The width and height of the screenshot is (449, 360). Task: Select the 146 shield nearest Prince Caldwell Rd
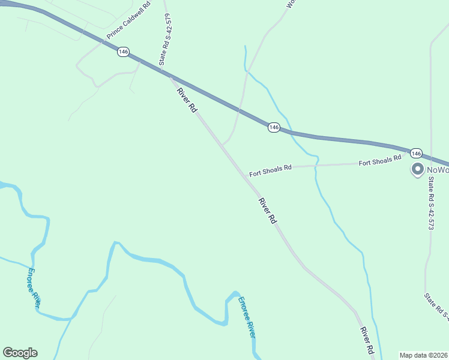point(123,52)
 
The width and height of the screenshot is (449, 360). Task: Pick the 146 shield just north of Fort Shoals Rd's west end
point(274,127)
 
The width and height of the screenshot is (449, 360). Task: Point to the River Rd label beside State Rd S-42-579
point(187,100)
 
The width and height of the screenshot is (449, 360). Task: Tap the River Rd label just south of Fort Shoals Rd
point(268,211)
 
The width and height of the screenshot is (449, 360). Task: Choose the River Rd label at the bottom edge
point(367,340)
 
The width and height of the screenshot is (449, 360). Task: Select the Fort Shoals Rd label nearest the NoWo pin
point(379,161)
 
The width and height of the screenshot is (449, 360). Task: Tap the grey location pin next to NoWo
point(417,170)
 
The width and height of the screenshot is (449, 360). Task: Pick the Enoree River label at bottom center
point(246,317)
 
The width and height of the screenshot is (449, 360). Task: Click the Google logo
point(20,353)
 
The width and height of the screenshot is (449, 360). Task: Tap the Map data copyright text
point(423,355)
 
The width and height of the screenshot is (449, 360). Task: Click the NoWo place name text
point(437,170)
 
